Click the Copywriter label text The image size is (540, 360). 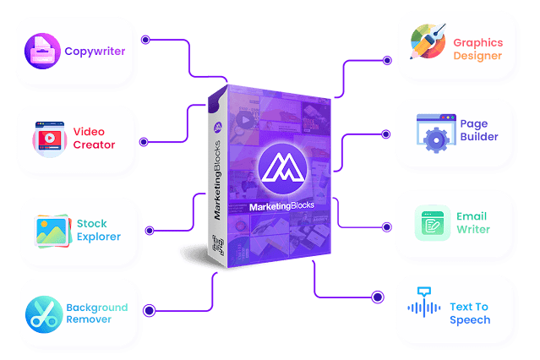[x=95, y=52]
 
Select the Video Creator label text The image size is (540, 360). [x=94, y=138]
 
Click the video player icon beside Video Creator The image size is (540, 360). [x=49, y=138]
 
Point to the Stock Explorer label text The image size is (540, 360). [x=98, y=231]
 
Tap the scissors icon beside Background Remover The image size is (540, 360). [x=41, y=313]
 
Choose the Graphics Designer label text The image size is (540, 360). [x=477, y=49]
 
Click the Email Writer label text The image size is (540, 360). [x=473, y=222]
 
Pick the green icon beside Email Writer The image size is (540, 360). [x=430, y=223]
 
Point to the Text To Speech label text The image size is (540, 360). [x=469, y=314]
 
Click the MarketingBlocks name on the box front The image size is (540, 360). [x=278, y=206]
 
